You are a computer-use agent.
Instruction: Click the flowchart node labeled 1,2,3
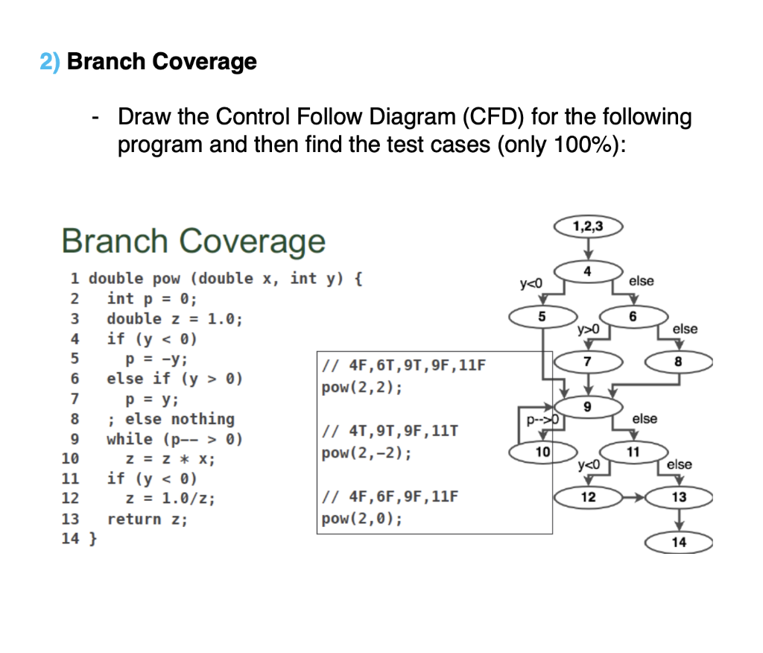[x=589, y=226]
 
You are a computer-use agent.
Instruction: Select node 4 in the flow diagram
[x=589, y=271]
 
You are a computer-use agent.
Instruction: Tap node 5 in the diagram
[x=542, y=316]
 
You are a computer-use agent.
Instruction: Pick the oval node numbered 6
[x=633, y=316]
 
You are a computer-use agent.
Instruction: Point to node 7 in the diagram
[x=589, y=361]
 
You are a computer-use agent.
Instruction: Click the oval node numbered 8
[x=679, y=361]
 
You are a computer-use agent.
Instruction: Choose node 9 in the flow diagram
[x=589, y=406]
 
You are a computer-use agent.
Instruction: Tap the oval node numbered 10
[x=542, y=452]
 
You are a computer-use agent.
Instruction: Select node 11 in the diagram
[x=633, y=452]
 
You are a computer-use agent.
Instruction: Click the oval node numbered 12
[x=589, y=497]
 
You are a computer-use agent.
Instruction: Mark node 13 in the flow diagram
[x=679, y=497]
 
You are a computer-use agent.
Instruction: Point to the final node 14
[x=679, y=543]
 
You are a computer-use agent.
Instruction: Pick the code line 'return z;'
[x=148, y=519]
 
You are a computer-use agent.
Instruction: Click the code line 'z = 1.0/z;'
[x=171, y=499]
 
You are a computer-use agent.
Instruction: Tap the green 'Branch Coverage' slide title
[x=194, y=241]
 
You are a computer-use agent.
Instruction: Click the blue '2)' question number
[x=51, y=61]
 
